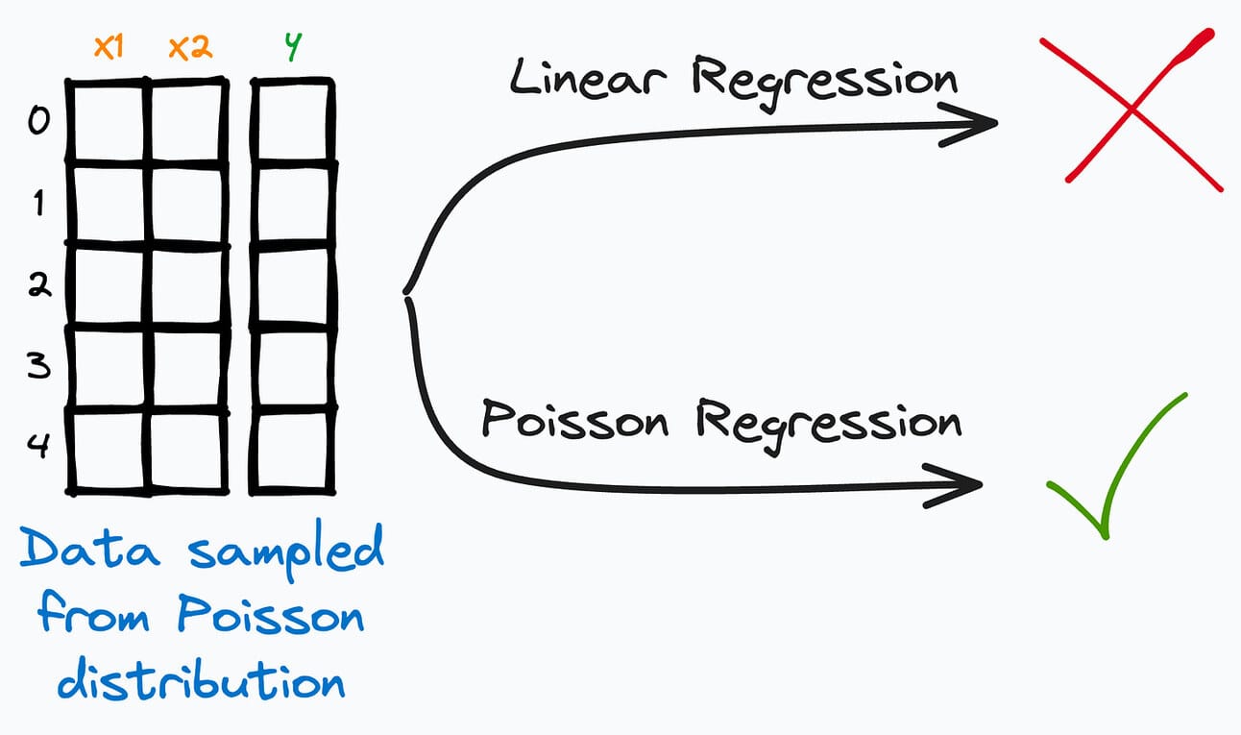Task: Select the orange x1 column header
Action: coord(109,48)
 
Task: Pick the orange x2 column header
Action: coord(189,48)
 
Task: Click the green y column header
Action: coord(293,48)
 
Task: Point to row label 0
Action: coord(36,123)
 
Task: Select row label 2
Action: coord(36,285)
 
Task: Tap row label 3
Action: coord(36,366)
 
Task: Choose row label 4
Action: coord(36,448)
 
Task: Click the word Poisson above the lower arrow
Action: coord(574,420)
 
